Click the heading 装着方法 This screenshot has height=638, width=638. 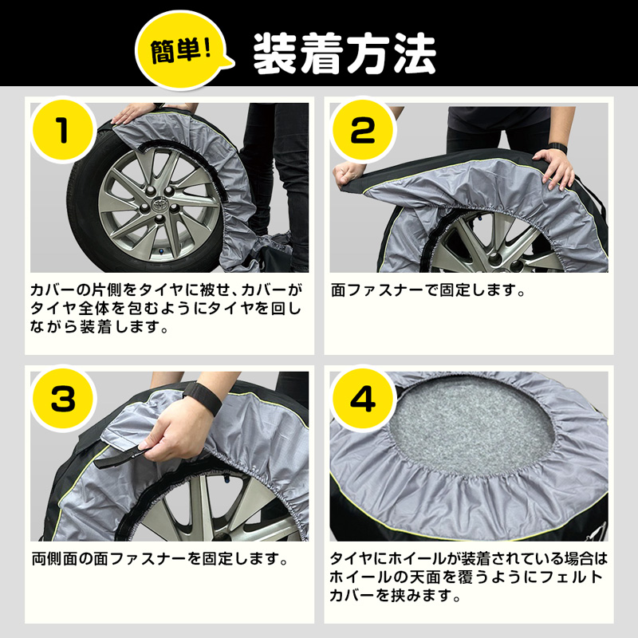344,53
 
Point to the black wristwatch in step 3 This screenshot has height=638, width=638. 201,397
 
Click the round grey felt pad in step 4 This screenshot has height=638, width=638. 471,423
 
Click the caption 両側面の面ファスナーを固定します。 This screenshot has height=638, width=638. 159,557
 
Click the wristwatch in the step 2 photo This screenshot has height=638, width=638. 558,148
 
